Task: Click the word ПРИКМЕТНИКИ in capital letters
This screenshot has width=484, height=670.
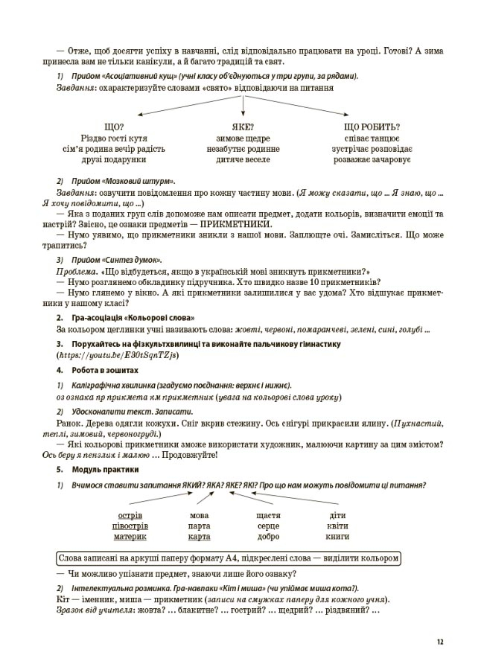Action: coord(237,224)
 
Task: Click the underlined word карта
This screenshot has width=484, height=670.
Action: coord(200,536)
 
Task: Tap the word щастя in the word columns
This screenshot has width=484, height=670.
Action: coord(267,515)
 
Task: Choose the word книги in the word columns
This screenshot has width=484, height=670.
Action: coord(337,536)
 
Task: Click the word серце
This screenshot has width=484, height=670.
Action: coord(267,526)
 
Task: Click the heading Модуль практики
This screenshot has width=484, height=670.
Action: coord(105,470)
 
